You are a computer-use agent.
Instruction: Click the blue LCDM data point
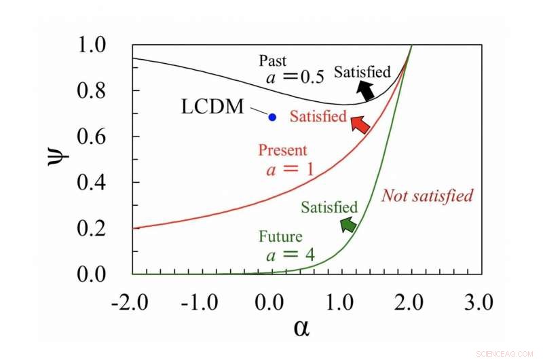[272, 117]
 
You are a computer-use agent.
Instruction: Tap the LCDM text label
[212, 107]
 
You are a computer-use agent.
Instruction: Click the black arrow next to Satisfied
[367, 90]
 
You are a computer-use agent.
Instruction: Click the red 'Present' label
[282, 150]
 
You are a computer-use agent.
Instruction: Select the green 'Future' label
[280, 237]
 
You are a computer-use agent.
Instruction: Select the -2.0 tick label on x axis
[129, 304]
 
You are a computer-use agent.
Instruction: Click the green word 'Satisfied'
[329, 207]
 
